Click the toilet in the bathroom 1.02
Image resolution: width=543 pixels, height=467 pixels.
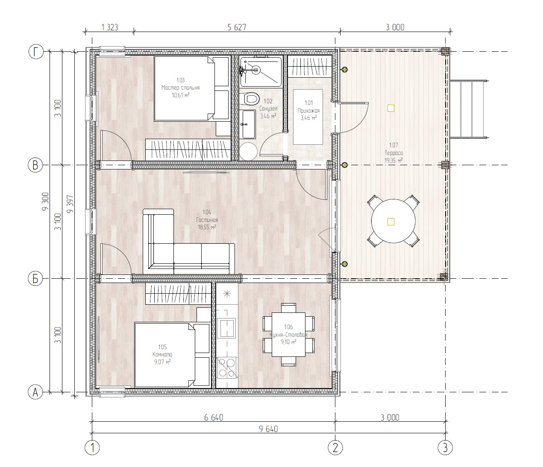click(251, 99)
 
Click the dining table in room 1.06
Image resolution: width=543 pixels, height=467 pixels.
click(289, 335)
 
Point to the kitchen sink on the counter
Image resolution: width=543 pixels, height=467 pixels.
click(226, 328)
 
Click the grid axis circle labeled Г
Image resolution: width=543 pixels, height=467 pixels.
click(36, 52)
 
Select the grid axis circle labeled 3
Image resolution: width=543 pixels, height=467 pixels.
click(445, 448)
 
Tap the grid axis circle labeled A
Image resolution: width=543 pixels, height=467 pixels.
click(36, 392)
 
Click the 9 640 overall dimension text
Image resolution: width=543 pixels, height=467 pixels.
click(267, 429)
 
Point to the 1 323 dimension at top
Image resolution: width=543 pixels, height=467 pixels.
click(109, 27)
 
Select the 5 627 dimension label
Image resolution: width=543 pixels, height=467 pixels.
click(237, 27)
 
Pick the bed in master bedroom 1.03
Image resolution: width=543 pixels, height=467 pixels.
click(191, 89)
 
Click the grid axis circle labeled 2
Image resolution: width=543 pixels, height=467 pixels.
click(335, 448)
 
